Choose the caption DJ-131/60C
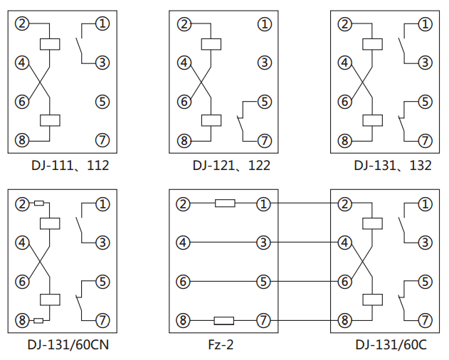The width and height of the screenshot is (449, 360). (x=391, y=346)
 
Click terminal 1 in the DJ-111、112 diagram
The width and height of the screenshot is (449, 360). (x=103, y=24)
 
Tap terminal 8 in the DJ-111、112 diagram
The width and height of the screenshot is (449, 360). (x=23, y=139)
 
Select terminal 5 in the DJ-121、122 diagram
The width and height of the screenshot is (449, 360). (x=265, y=101)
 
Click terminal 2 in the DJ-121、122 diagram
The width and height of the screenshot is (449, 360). (x=184, y=24)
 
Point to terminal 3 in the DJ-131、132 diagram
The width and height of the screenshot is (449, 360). (x=426, y=63)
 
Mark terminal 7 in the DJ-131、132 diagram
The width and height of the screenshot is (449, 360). (x=426, y=139)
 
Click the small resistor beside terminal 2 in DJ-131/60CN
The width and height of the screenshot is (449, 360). (x=38, y=205)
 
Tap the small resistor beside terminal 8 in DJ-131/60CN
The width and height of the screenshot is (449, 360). (x=38, y=320)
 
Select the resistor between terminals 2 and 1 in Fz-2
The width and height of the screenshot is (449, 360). (x=225, y=205)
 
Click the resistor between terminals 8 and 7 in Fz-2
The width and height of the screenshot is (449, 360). (x=224, y=320)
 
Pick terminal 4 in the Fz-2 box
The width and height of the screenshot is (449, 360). (x=184, y=243)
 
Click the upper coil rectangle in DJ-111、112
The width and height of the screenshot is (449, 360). (x=50, y=43)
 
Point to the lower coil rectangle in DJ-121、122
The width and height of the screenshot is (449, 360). (x=211, y=120)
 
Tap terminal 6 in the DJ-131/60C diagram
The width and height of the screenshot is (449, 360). (x=345, y=282)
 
